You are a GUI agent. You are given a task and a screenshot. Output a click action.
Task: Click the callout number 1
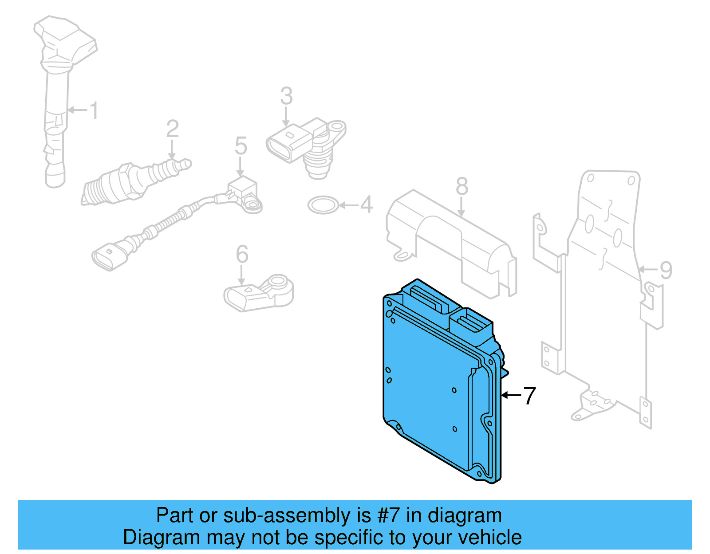click(94, 110)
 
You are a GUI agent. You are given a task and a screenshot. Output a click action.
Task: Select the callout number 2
click(173, 129)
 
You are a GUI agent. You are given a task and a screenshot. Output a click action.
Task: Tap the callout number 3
click(286, 96)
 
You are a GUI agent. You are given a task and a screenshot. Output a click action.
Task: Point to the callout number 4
click(366, 204)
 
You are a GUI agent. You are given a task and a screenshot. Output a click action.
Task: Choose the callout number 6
click(242, 254)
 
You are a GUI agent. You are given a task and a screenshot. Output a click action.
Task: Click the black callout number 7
click(529, 395)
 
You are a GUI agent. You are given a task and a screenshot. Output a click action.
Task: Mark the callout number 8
click(462, 186)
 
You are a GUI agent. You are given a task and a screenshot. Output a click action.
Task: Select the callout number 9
click(666, 270)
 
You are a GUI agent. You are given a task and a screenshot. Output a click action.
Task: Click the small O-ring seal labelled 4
click(323, 205)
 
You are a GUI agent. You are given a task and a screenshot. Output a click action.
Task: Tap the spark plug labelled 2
click(133, 182)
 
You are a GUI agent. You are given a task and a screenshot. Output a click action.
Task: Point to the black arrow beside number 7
click(511, 395)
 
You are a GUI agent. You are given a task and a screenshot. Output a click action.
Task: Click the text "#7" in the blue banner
click(389, 515)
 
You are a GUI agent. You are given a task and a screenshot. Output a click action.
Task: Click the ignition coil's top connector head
click(67, 38)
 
